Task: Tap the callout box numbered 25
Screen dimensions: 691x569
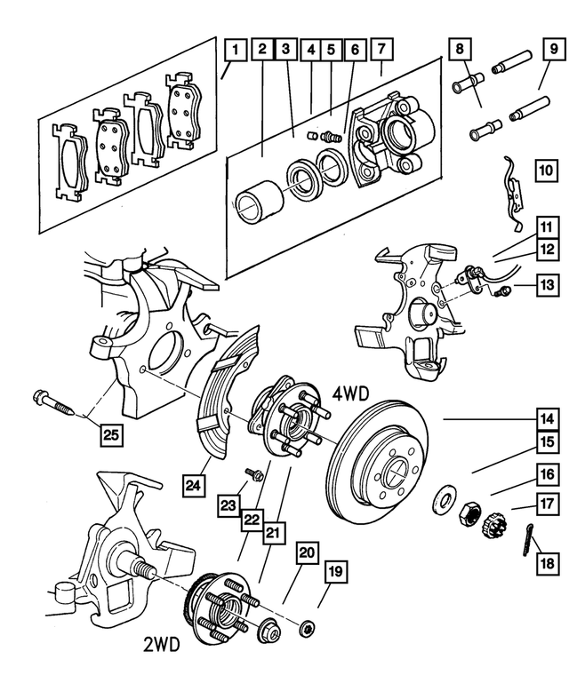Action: (110, 434)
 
